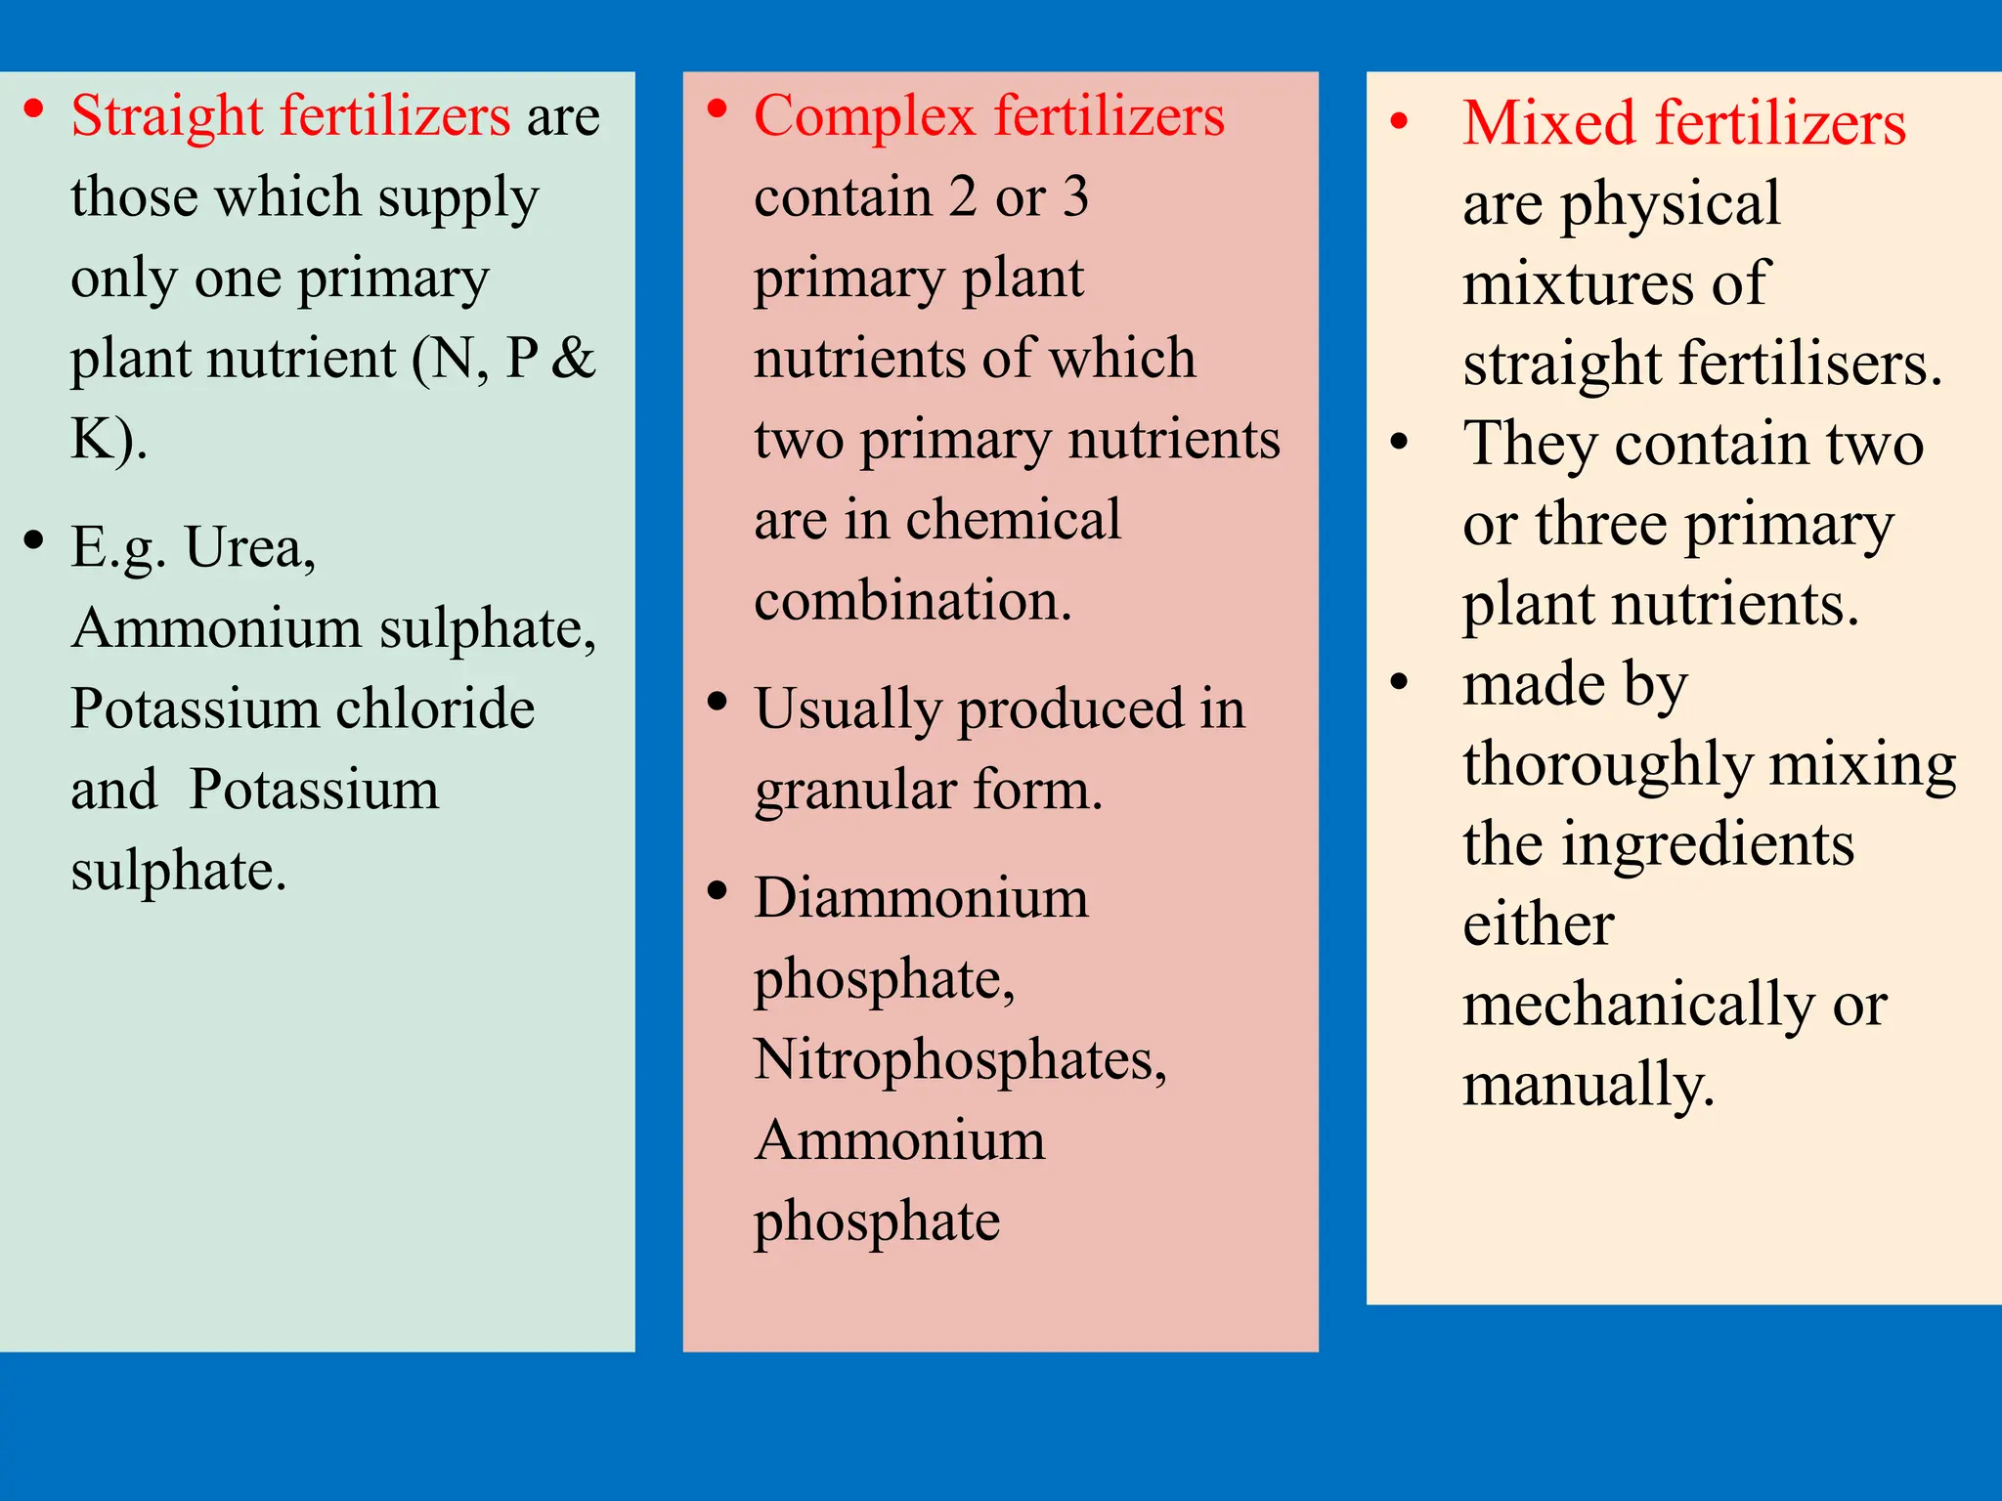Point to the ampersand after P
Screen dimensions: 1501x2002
[x=573, y=358]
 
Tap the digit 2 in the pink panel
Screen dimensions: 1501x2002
[x=963, y=196]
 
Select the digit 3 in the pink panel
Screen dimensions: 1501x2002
[x=1075, y=196]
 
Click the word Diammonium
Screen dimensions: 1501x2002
[x=921, y=898]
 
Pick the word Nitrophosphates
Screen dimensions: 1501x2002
[x=960, y=1061]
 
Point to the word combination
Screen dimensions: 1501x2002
[x=913, y=600]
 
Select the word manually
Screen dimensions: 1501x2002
[x=1589, y=1087]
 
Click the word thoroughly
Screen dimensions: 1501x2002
[x=1607, y=765]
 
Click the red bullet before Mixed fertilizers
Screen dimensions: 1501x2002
[x=1400, y=122]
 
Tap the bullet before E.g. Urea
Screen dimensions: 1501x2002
[x=34, y=540]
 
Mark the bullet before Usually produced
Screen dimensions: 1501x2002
[x=718, y=702]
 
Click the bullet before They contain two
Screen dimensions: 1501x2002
[x=1400, y=443]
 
